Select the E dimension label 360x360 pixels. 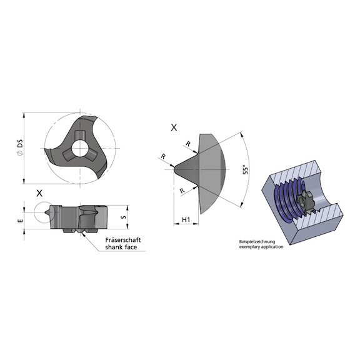pos(21,219)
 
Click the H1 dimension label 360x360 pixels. pos(186,220)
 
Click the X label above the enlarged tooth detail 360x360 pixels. pos(174,127)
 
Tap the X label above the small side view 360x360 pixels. pos(39,193)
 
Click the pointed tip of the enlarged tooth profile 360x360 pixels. pos(173,168)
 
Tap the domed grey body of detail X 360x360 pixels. pos(216,169)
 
